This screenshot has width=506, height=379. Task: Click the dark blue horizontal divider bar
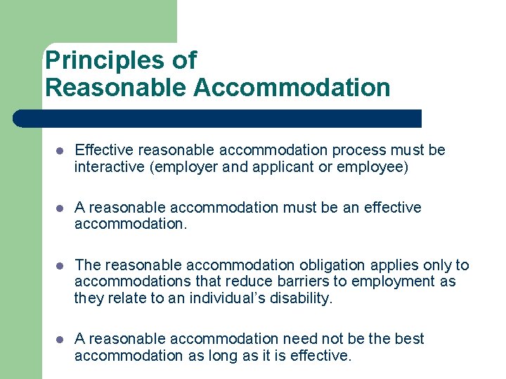(x=218, y=118)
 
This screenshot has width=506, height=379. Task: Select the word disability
(x=304, y=298)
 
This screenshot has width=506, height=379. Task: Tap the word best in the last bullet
(x=409, y=339)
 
